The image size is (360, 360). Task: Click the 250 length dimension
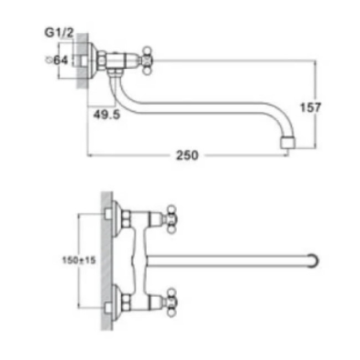187,156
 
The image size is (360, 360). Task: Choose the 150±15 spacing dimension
84,260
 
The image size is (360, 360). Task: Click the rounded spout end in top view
315,260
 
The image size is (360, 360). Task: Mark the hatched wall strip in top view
107,260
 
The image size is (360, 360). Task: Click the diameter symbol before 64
50,60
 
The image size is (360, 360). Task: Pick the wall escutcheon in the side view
101,59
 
